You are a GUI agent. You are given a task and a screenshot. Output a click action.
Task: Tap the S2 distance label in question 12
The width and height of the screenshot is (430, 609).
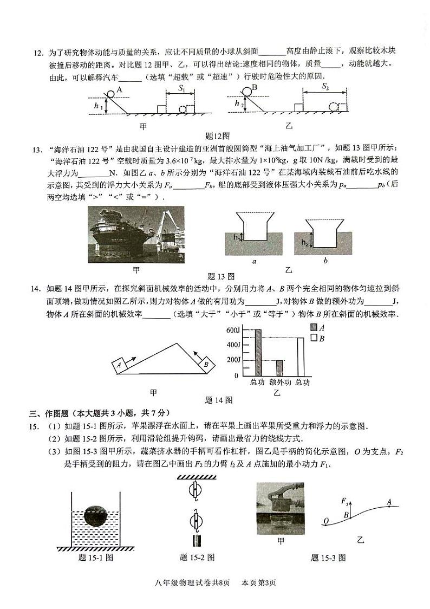(325, 86)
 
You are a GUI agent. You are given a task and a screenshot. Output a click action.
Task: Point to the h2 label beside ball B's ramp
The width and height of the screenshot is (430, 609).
(237, 103)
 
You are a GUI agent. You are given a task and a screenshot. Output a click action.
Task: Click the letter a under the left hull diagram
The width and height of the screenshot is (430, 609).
(254, 261)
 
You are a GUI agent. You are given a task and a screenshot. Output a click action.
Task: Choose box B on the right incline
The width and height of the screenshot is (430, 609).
(206, 365)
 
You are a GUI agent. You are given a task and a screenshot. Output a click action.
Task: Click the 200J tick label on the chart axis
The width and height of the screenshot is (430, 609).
(232, 360)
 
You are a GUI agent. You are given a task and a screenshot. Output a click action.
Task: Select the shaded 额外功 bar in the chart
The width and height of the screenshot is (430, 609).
(279, 368)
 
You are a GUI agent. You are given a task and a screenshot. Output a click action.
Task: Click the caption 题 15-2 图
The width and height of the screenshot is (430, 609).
(197, 558)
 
